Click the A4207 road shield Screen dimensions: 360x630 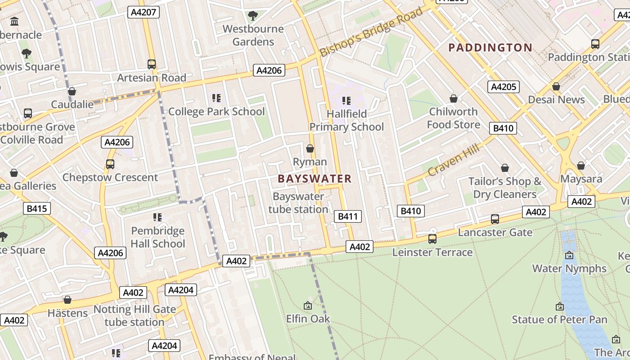[x=144, y=12]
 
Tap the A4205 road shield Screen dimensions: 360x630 [x=504, y=87]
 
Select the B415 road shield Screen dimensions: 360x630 [x=36, y=208]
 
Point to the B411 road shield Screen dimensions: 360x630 [x=348, y=216]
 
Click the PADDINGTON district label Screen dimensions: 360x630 [x=490, y=48]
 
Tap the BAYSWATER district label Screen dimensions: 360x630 [x=315, y=179]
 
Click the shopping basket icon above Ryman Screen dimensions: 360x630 [x=310, y=148]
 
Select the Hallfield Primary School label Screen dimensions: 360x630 [x=346, y=120]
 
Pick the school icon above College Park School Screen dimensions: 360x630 [x=216, y=98]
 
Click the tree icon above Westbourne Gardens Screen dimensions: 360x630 [x=253, y=16]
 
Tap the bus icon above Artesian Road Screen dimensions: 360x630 [x=152, y=64]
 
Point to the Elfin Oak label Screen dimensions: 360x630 [x=308, y=319]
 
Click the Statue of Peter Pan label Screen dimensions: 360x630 [x=559, y=319]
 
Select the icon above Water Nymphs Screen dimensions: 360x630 [x=569, y=255]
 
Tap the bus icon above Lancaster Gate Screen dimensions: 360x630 [x=495, y=219]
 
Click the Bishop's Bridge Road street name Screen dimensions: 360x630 [x=372, y=32]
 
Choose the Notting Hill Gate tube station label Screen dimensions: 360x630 [x=135, y=316]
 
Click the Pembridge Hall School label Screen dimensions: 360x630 [x=158, y=237]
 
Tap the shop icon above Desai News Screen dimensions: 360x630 [x=556, y=86]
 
